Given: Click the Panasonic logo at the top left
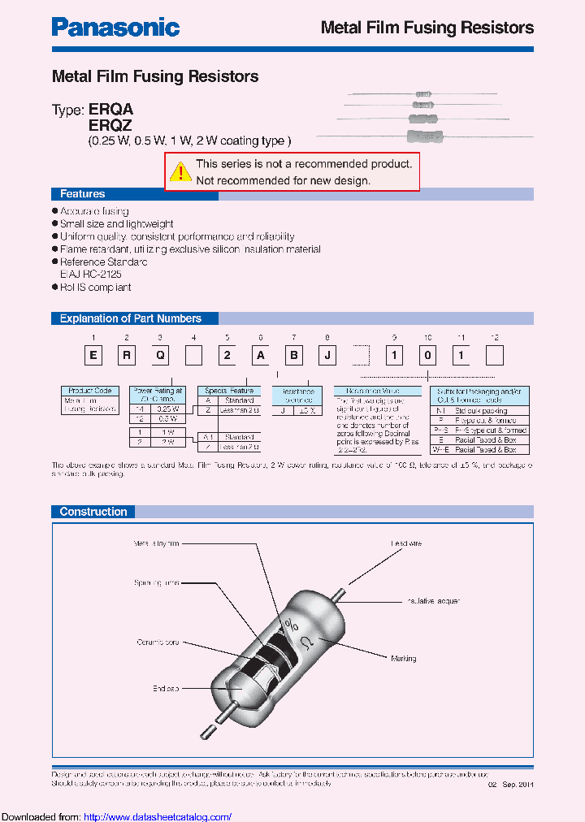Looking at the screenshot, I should pos(115,27).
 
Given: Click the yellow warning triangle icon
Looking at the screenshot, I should pos(180,171).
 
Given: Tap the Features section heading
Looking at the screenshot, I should pos(82,194).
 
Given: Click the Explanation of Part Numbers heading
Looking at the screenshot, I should pos(130,318).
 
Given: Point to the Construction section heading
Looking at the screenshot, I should pos(93,512).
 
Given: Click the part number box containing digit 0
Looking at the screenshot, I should pos(427,355).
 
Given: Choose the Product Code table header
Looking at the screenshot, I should pos(90,391).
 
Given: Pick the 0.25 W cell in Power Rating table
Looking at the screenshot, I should pos(168,409).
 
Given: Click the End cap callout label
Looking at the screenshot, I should pos(165,689).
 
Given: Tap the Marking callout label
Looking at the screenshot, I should pos(427,659).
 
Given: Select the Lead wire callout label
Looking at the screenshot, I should pos(406,543).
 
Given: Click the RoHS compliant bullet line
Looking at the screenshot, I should pos(95,288).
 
